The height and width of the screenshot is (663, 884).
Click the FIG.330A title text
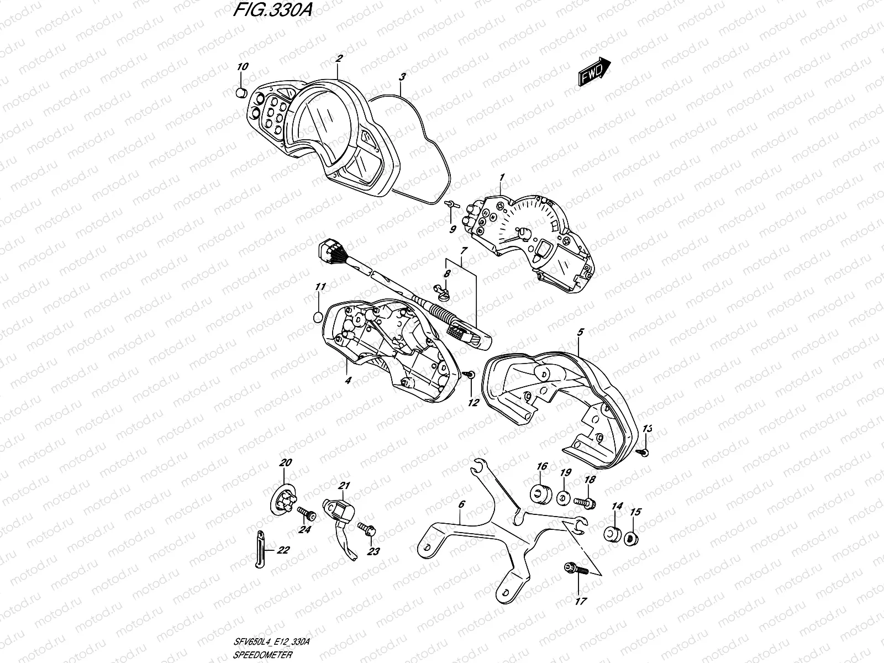click(271, 12)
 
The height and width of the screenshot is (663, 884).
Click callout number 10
click(243, 67)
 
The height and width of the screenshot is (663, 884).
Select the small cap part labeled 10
click(240, 93)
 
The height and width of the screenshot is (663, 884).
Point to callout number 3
click(403, 76)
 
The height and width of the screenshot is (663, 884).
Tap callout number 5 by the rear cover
click(580, 333)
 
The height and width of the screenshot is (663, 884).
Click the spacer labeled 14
click(612, 534)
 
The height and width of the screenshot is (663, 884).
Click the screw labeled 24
click(306, 514)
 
